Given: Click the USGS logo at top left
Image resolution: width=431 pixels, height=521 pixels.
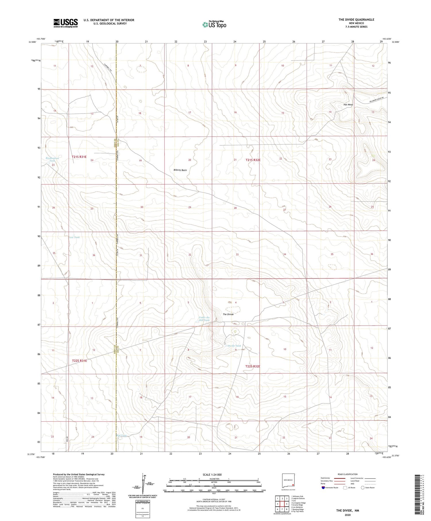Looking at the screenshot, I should [66, 23].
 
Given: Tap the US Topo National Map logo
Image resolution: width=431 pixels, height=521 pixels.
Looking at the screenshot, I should [214, 25].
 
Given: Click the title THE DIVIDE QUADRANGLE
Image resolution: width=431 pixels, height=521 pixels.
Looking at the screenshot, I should [356, 20].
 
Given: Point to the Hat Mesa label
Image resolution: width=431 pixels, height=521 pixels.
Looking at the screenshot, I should [348, 105].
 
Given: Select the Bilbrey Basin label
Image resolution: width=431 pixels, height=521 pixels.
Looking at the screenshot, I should [180, 170].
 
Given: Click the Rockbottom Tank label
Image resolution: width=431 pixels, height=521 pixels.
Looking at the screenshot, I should [52, 159].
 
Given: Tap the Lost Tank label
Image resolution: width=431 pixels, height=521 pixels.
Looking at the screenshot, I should [74, 237].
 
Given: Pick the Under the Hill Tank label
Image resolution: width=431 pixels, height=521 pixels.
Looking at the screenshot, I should [204, 319].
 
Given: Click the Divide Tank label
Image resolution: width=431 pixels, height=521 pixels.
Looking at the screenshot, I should [234, 346].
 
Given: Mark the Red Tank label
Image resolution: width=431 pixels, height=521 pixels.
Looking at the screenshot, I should [122, 436].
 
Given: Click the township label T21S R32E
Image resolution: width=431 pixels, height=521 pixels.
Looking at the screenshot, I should [253, 160].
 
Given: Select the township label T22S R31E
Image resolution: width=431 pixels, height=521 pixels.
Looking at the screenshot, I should [79, 361].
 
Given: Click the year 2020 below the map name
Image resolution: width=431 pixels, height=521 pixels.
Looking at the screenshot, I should [348, 515].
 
